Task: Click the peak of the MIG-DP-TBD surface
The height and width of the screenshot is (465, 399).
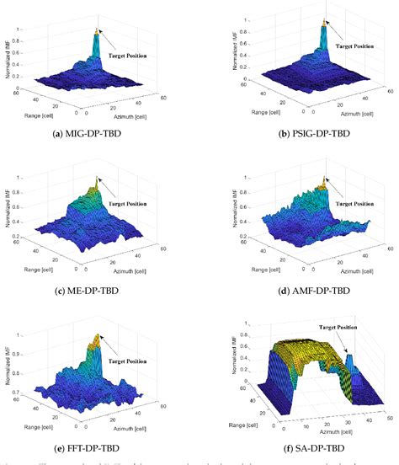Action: click(98, 31)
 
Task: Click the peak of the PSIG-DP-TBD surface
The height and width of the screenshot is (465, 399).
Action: click(325, 24)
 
